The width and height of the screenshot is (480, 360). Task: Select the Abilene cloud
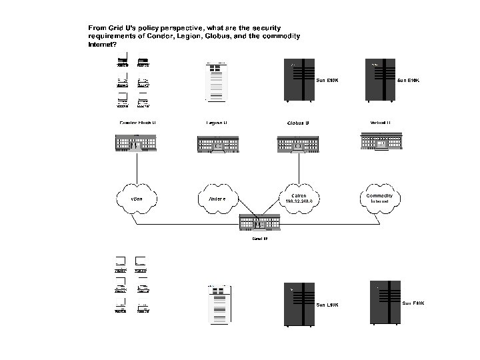[x=219, y=197]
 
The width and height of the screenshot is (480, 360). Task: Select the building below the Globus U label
[x=297, y=144]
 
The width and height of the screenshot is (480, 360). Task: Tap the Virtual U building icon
[x=379, y=141]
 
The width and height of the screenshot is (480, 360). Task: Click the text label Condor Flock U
[x=137, y=123]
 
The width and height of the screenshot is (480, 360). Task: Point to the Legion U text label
[x=217, y=123]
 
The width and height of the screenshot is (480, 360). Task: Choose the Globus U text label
[x=297, y=123]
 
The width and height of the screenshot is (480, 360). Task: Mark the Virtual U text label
[x=380, y=123]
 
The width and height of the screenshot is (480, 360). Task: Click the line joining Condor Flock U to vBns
[x=137, y=167]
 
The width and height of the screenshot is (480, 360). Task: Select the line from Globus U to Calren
[x=298, y=167]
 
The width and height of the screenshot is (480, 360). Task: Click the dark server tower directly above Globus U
[x=298, y=81]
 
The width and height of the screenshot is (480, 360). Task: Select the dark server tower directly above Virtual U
[x=379, y=81]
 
